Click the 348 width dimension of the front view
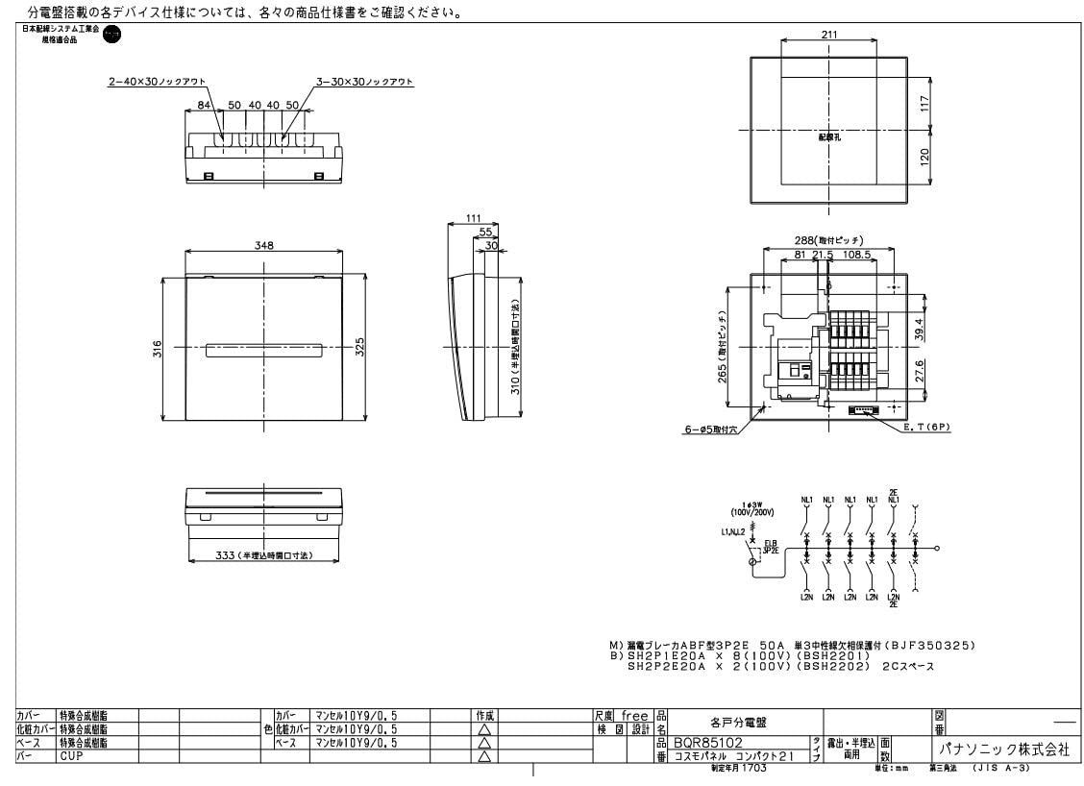click(262, 246)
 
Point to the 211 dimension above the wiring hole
click(829, 35)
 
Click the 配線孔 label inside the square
click(828, 138)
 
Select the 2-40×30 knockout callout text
click(157, 83)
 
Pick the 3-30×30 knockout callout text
click(364, 83)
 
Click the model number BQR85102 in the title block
click(712, 742)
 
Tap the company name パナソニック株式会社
click(999, 749)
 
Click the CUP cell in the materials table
click(73, 756)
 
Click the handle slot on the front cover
click(262, 350)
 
